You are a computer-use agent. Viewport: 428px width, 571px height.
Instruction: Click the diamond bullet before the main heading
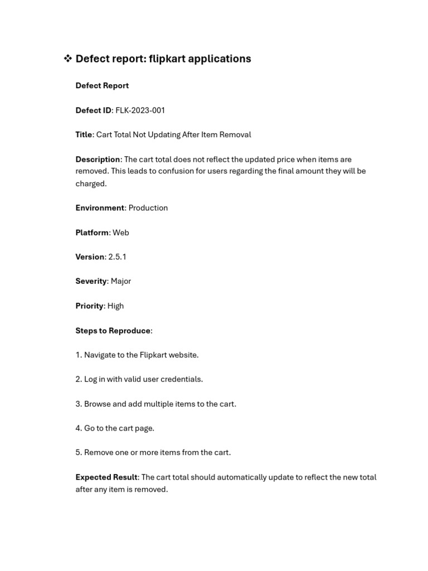(67, 59)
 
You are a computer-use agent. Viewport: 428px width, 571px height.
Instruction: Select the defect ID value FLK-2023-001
(140, 110)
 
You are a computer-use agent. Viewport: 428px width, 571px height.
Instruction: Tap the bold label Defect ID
(93, 110)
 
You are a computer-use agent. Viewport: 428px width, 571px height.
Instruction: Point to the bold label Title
(84, 134)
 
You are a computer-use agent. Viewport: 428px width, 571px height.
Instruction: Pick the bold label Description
(98, 159)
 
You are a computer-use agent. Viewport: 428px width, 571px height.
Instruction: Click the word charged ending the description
(90, 183)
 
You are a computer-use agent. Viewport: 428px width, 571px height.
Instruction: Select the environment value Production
(148, 208)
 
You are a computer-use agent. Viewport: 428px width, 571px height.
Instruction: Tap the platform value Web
(120, 233)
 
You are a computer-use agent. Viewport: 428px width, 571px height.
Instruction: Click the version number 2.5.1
(117, 257)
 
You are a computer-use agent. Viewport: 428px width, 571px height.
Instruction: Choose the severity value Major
(120, 281)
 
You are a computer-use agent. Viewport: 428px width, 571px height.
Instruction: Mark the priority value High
(115, 306)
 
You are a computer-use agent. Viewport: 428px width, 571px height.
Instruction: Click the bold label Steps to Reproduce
(113, 331)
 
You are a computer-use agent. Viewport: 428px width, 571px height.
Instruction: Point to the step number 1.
(78, 355)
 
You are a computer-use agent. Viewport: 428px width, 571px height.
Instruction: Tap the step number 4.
(78, 428)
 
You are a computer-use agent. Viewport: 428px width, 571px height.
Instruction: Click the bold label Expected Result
(106, 477)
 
